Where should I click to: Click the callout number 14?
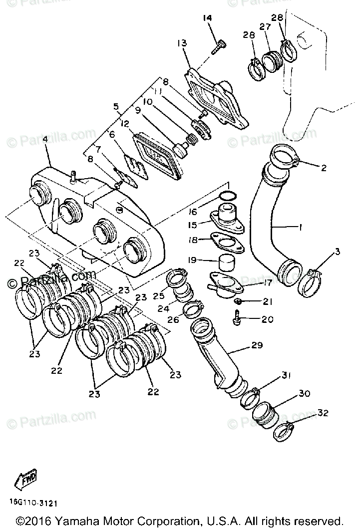208,18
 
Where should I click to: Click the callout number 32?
323,413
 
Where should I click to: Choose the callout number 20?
267,319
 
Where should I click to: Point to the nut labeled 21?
239,302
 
